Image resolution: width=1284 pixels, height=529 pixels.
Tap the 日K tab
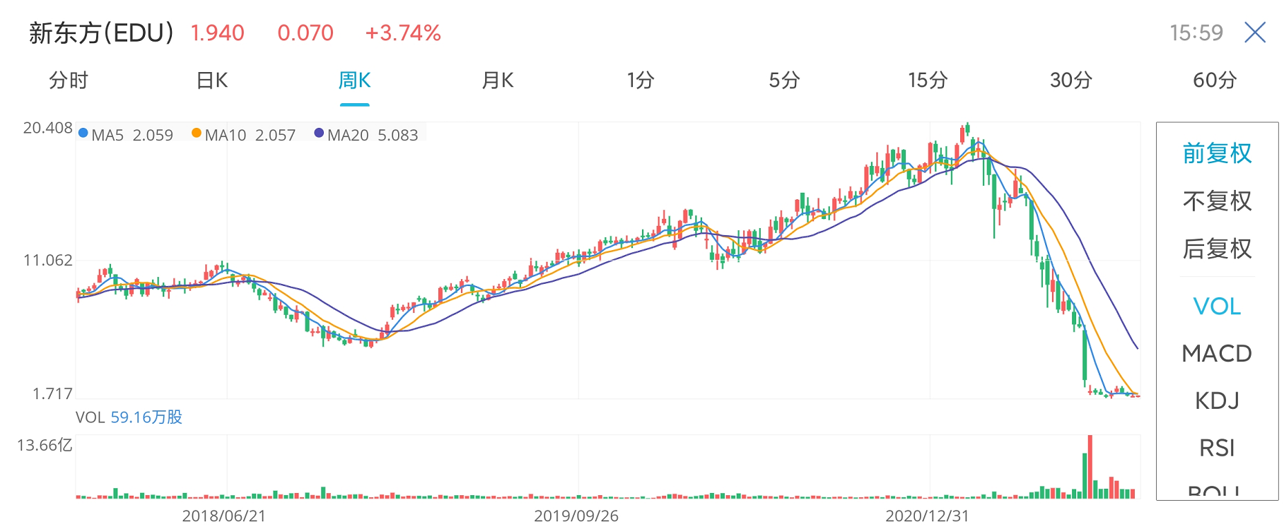[212, 81]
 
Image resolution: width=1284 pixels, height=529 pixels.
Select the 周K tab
[354, 81]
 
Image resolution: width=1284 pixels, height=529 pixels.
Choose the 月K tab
[498, 81]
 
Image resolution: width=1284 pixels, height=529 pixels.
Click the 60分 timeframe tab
[1214, 81]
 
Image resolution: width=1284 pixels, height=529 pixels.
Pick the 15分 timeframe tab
[928, 81]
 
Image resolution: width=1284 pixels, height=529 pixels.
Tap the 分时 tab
[69, 81]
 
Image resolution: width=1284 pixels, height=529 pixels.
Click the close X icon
[1255, 32]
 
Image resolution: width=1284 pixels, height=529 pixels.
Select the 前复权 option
[1217, 153]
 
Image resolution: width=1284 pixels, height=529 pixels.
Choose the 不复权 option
[1217, 201]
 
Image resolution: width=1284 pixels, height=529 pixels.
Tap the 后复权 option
[1217, 249]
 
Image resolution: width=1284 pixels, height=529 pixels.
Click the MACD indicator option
[1217, 353]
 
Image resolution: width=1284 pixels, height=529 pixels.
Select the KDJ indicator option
[1217, 400]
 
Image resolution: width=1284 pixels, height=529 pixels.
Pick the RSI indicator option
[1217, 448]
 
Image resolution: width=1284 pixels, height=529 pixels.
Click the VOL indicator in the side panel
[1217, 306]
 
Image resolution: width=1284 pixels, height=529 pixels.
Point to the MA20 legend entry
[366, 135]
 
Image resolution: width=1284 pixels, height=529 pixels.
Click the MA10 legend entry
[243, 135]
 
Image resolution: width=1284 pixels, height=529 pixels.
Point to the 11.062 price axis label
[47, 261]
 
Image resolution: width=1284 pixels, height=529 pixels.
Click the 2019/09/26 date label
[576, 516]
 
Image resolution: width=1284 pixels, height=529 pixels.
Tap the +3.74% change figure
[403, 33]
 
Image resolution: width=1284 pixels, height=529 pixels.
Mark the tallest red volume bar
[1090, 466]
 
